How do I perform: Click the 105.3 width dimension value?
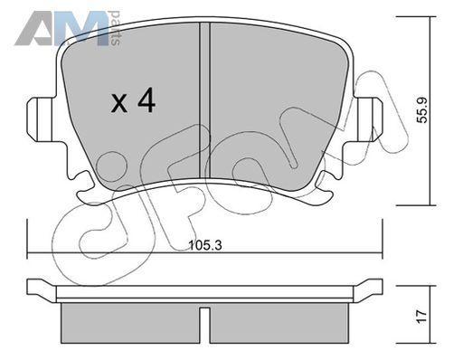click(205, 245)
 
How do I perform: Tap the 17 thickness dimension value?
click(422, 317)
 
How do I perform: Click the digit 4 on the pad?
click(146, 102)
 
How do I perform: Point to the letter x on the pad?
click(119, 104)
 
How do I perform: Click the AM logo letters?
click(61, 28)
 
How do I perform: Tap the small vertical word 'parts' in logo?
click(116, 28)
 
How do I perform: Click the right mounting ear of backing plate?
click(368, 119)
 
